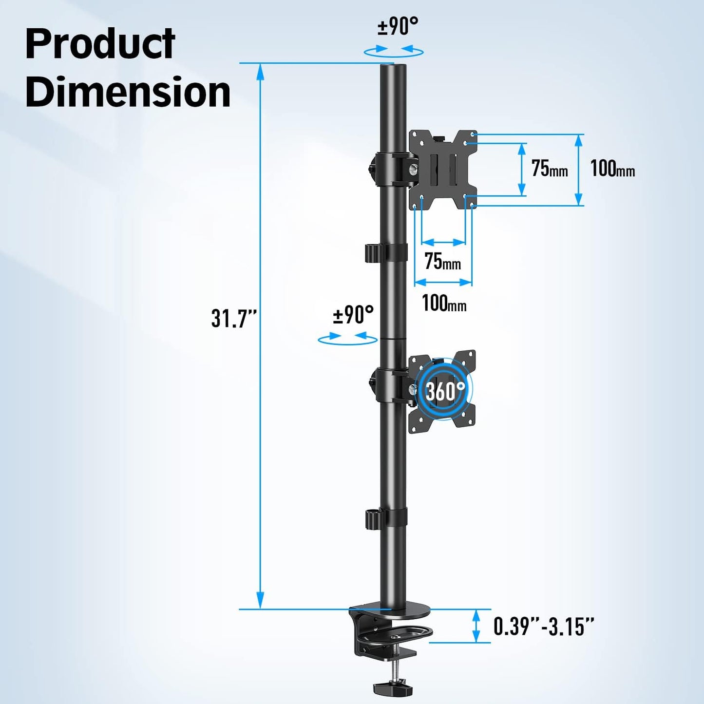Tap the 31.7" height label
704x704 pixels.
pyautogui.click(x=233, y=319)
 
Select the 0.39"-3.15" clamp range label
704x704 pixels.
pyautogui.click(x=544, y=627)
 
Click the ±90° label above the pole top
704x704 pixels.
pyautogui.click(x=398, y=26)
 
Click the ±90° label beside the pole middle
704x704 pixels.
pyautogui.click(x=353, y=315)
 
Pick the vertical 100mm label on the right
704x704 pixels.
pyautogui.click(x=612, y=169)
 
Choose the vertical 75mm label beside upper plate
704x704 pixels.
pyautogui.click(x=549, y=169)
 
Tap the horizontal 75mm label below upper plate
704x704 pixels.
pyautogui.click(x=442, y=262)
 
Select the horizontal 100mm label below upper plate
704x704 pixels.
pyautogui.click(x=444, y=304)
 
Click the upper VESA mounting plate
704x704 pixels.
pyautogui.click(x=442, y=170)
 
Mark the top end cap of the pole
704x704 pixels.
pyautogui.click(x=393, y=66)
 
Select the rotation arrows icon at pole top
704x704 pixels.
pyautogui.click(x=394, y=50)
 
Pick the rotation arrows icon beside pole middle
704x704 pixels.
pyautogui.click(x=347, y=338)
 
